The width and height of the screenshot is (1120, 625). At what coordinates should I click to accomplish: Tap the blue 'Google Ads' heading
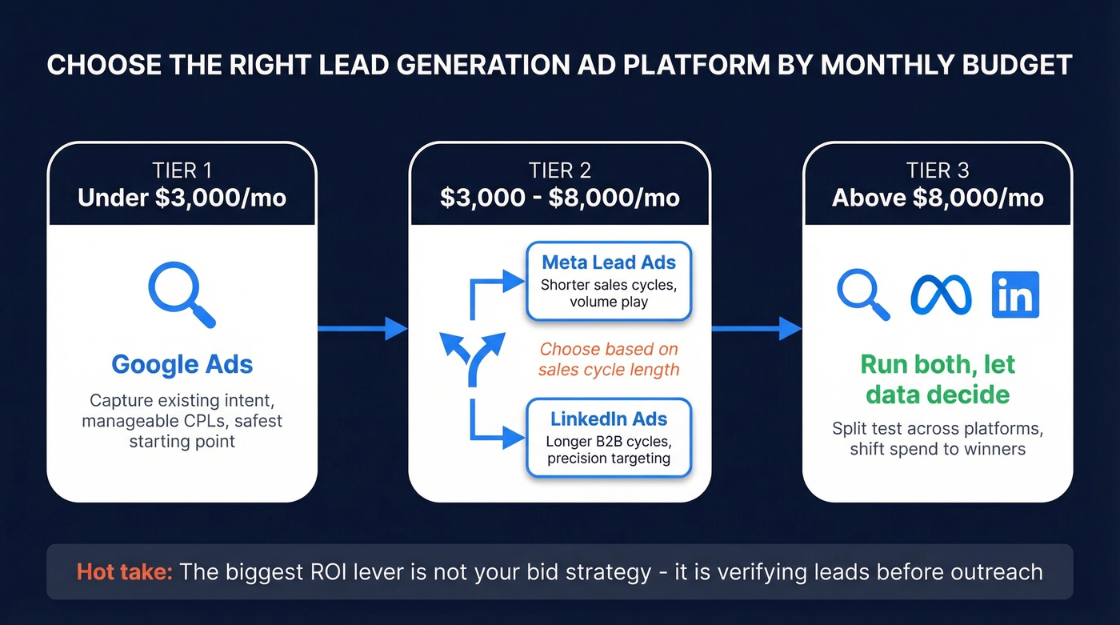182,364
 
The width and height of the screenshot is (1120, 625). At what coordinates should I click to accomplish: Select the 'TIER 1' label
182,170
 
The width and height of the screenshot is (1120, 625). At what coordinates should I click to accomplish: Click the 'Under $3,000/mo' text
182,197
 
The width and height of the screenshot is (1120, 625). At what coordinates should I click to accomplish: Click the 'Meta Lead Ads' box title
609,262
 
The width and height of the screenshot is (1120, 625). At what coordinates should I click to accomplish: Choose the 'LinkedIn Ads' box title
609,419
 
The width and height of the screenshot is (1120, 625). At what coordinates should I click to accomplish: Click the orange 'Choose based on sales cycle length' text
609,359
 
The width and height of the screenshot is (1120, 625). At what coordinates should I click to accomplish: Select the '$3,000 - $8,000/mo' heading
559,197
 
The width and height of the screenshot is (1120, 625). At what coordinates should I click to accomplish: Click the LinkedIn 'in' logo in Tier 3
1015,294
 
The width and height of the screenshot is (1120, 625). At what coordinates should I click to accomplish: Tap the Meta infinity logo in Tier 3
941,295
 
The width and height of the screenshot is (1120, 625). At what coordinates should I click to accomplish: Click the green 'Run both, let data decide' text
938,379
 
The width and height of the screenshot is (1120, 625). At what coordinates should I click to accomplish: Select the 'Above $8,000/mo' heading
938,197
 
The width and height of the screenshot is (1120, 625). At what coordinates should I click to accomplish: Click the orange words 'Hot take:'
125,572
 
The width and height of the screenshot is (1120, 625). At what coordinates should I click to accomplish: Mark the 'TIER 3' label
938,170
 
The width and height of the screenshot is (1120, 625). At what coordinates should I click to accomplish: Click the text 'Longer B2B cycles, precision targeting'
609,450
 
